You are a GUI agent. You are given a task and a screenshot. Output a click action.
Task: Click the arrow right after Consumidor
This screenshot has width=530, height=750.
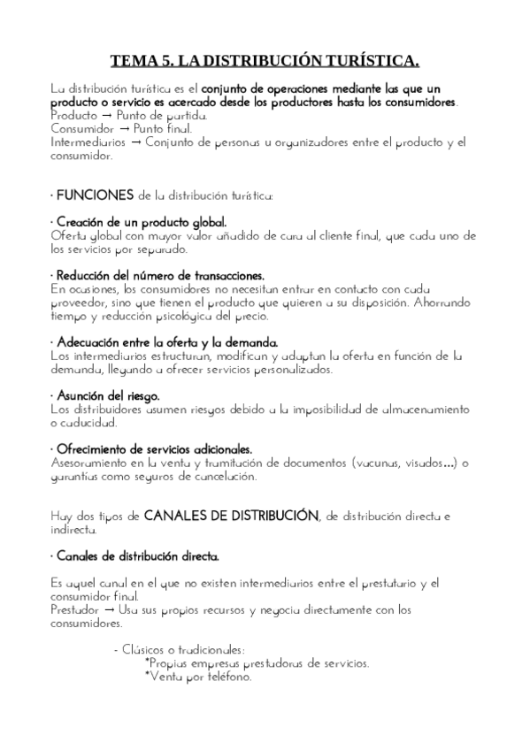point(124,128)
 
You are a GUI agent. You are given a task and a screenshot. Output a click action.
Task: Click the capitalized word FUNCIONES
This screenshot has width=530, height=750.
point(93,194)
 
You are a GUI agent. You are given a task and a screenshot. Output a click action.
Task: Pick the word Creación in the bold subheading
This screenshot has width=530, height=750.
point(82,222)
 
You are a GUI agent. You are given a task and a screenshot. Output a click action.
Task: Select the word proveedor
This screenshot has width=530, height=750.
point(79,302)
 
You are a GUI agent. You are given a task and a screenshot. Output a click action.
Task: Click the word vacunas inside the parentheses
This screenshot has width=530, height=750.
point(382,463)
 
